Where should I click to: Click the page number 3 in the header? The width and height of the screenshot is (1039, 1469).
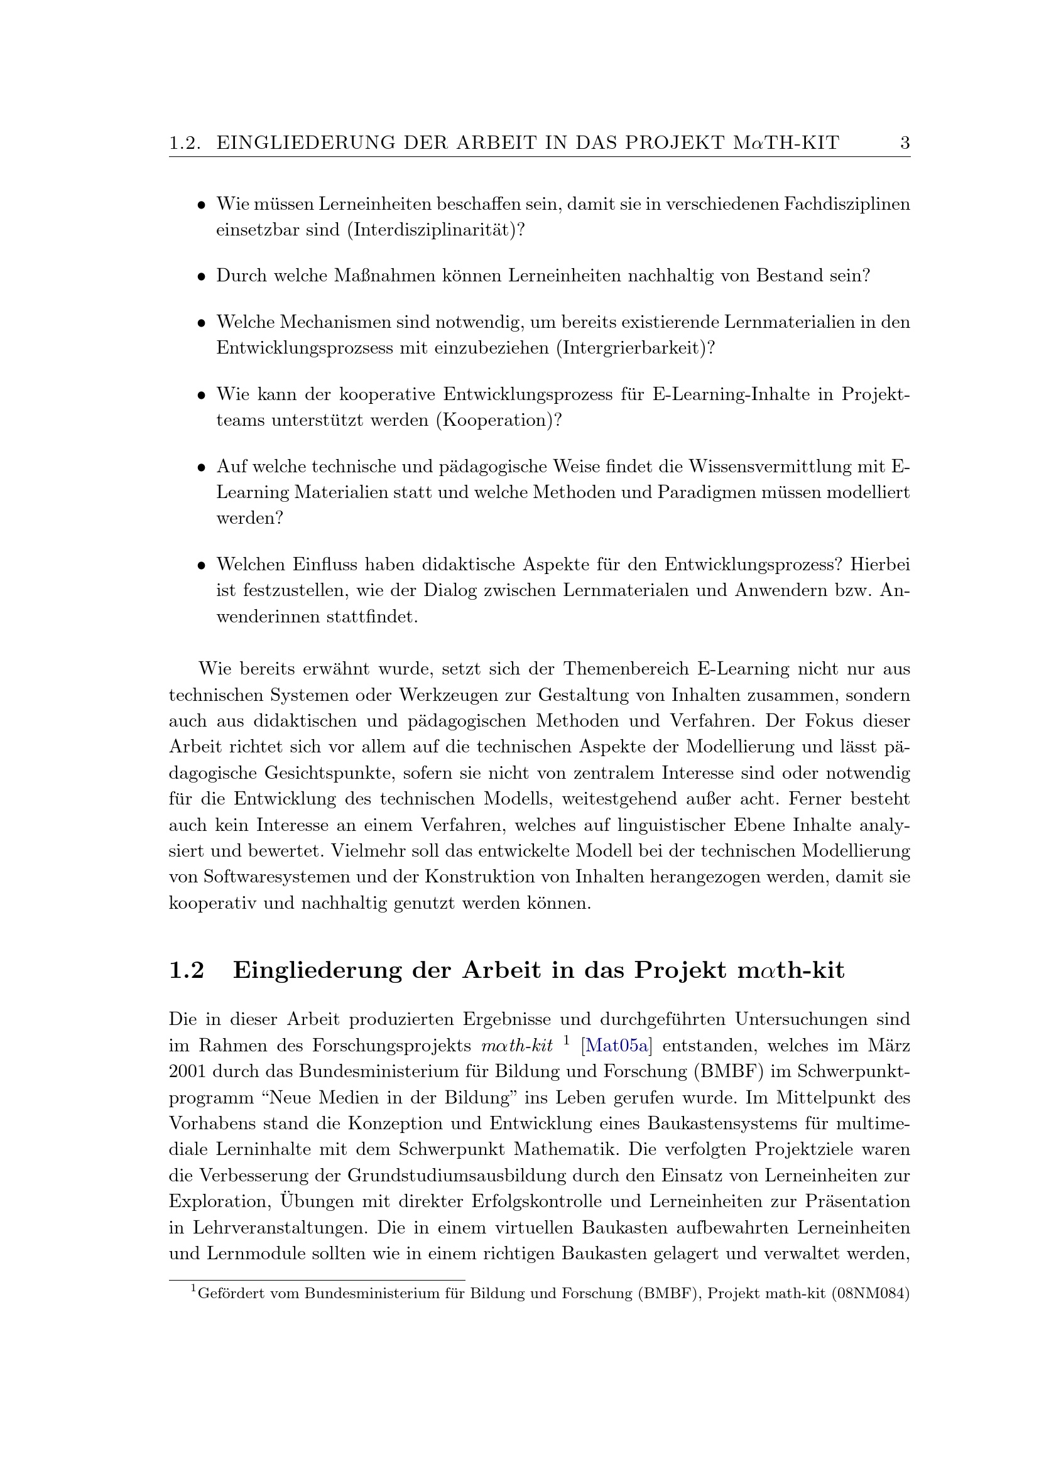click(x=905, y=143)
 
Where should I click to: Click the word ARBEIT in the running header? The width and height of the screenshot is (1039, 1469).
click(x=494, y=143)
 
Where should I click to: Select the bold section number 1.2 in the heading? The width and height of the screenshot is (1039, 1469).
click(x=186, y=970)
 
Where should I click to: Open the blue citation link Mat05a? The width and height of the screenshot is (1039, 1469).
click(x=617, y=1046)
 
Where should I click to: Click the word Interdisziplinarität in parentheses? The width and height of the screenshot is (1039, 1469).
click(x=431, y=230)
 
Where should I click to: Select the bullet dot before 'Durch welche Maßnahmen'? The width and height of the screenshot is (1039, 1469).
click(x=201, y=277)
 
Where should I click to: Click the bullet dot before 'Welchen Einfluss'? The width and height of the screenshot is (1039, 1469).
click(x=201, y=566)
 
